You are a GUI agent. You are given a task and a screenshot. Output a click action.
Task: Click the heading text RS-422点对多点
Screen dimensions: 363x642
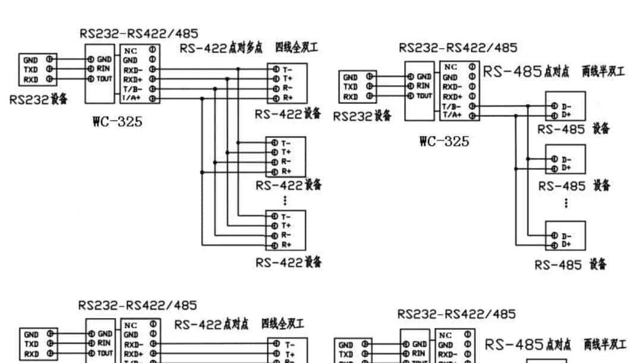tap(221, 48)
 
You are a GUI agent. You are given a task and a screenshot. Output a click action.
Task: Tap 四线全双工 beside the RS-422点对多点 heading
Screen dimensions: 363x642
tap(296, 48)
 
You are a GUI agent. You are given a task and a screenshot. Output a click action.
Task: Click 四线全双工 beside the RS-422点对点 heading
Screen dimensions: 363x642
tap(282, 324)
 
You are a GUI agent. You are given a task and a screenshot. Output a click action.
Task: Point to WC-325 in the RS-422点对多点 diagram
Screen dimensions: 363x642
tap(117, 122)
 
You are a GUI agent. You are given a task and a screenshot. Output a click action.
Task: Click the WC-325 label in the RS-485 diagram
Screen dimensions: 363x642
tap(443, 141)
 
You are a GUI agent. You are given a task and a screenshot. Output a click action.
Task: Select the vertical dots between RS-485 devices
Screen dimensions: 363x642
tap(565, 203)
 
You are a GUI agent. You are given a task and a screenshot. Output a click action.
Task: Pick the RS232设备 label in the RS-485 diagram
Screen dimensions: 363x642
tap(362, 116)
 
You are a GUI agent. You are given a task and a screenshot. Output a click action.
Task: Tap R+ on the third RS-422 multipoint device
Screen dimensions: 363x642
tap(287, 244)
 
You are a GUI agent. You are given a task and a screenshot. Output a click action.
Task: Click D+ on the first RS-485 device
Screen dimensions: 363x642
tap(566, 113)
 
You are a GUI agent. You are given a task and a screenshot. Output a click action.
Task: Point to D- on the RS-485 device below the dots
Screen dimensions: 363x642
tap(566, 236)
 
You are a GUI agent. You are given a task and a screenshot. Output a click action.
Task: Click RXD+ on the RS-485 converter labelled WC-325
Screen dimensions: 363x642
tap(452, 96)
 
